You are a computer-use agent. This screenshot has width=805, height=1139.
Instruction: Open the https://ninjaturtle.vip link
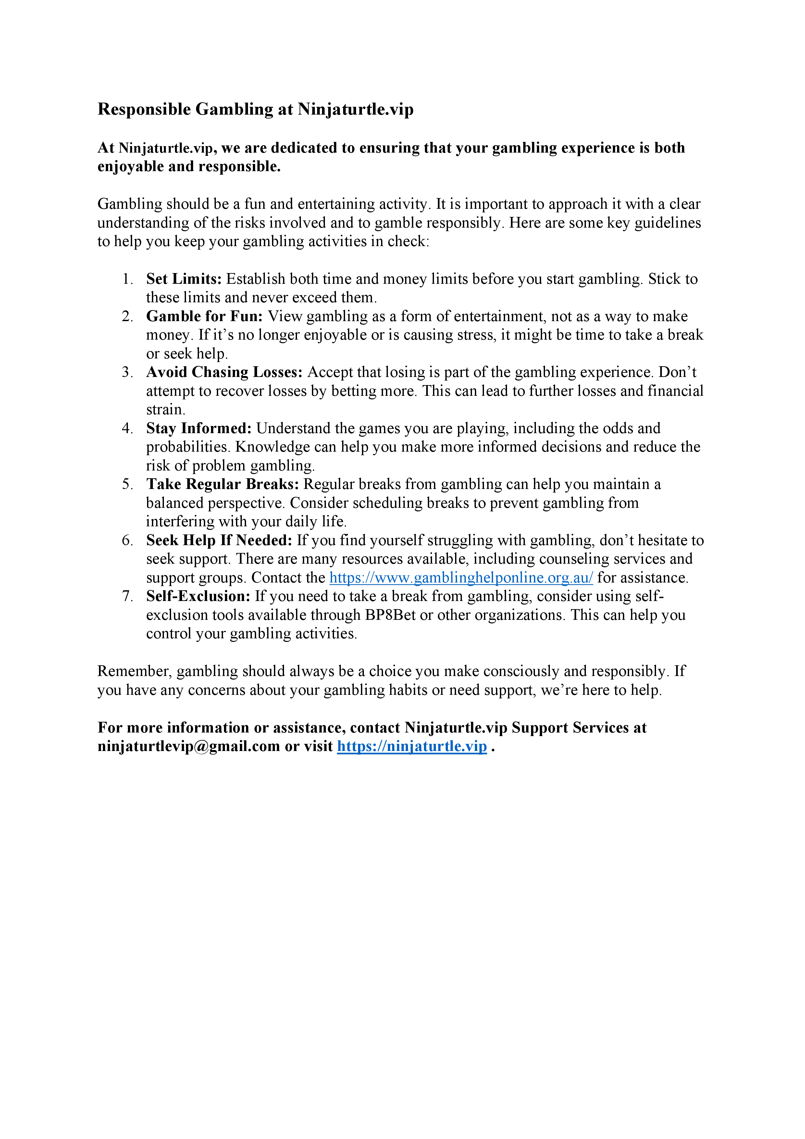point(412,746)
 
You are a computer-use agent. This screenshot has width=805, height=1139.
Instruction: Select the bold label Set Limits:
point(183,279)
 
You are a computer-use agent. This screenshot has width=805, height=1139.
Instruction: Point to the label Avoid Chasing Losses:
point(224,372)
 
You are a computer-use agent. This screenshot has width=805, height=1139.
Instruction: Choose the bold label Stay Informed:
point(199,428)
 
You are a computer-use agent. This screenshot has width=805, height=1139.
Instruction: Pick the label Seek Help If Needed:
point(219,540)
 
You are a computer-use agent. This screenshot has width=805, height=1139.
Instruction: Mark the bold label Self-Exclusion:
point(198,596)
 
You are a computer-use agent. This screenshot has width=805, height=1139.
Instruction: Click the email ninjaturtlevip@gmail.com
point(189,746)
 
